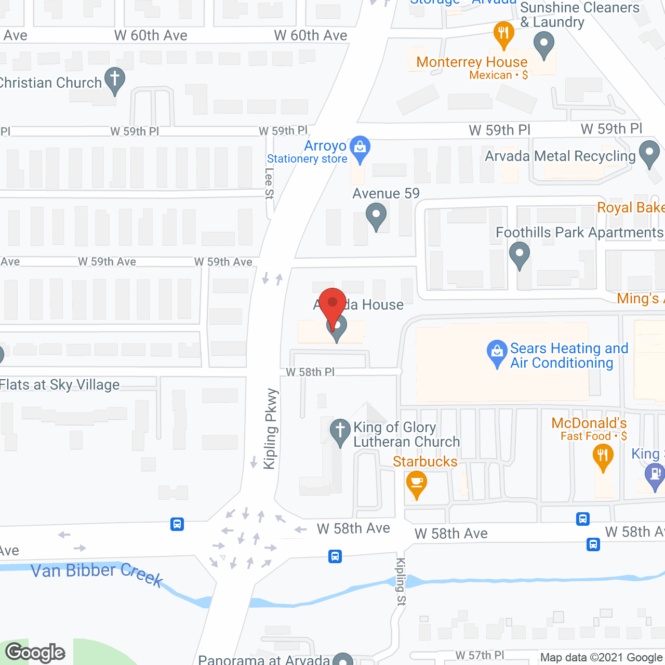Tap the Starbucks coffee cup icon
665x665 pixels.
pos(416,483)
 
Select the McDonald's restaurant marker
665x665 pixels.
pos(603,457)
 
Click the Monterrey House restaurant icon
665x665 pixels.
pos(503,34)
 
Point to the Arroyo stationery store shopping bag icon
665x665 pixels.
pos(360,148)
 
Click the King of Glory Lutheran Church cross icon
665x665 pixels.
pos(340,431)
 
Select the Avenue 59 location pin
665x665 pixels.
pos(376,216)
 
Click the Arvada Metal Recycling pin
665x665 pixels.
pos(649,153)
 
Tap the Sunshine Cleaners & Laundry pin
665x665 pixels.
pos(543,44)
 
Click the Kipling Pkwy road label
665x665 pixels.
pos(270,429)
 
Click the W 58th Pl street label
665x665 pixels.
pos(310,372)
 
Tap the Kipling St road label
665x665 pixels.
pos(401,581)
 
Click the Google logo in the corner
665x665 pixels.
pos(35,653)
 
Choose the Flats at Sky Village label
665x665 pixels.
pos(60,385)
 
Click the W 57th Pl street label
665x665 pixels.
pos(480,655)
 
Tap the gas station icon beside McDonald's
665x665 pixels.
pos(654,476)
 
